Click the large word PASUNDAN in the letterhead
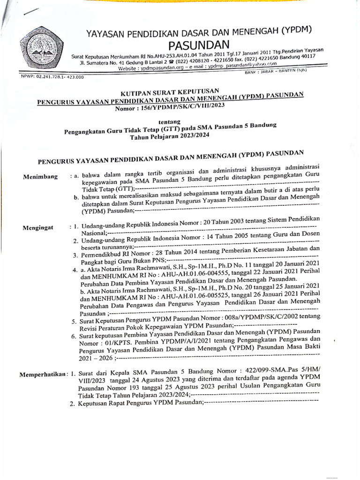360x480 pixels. click(198, 45)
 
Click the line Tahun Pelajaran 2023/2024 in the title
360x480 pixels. click(171, 135)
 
